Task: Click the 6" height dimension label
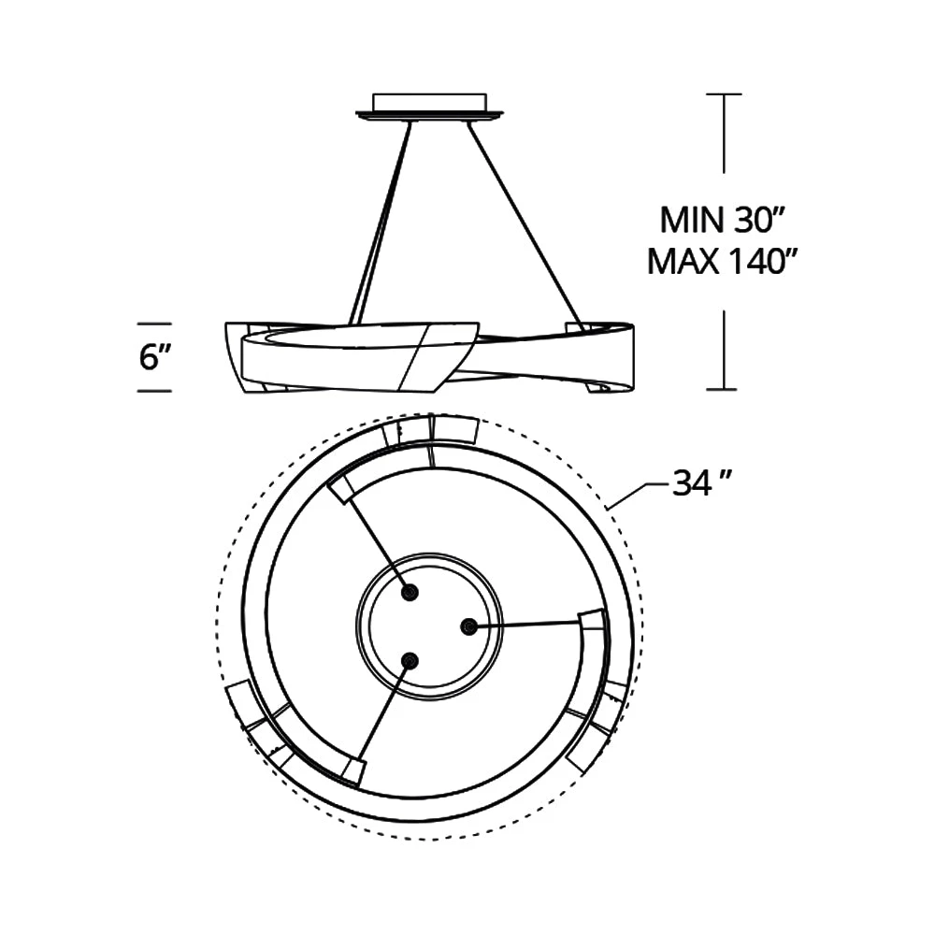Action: pos(155,357)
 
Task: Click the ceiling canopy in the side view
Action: pos(429,108)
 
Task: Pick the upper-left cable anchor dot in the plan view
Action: pos(410,593)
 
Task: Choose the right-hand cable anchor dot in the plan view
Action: pos(470,626)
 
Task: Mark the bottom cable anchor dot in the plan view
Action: pos(410,660)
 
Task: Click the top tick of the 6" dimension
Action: pos(154,324)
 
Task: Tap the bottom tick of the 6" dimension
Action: pos(154,391)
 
